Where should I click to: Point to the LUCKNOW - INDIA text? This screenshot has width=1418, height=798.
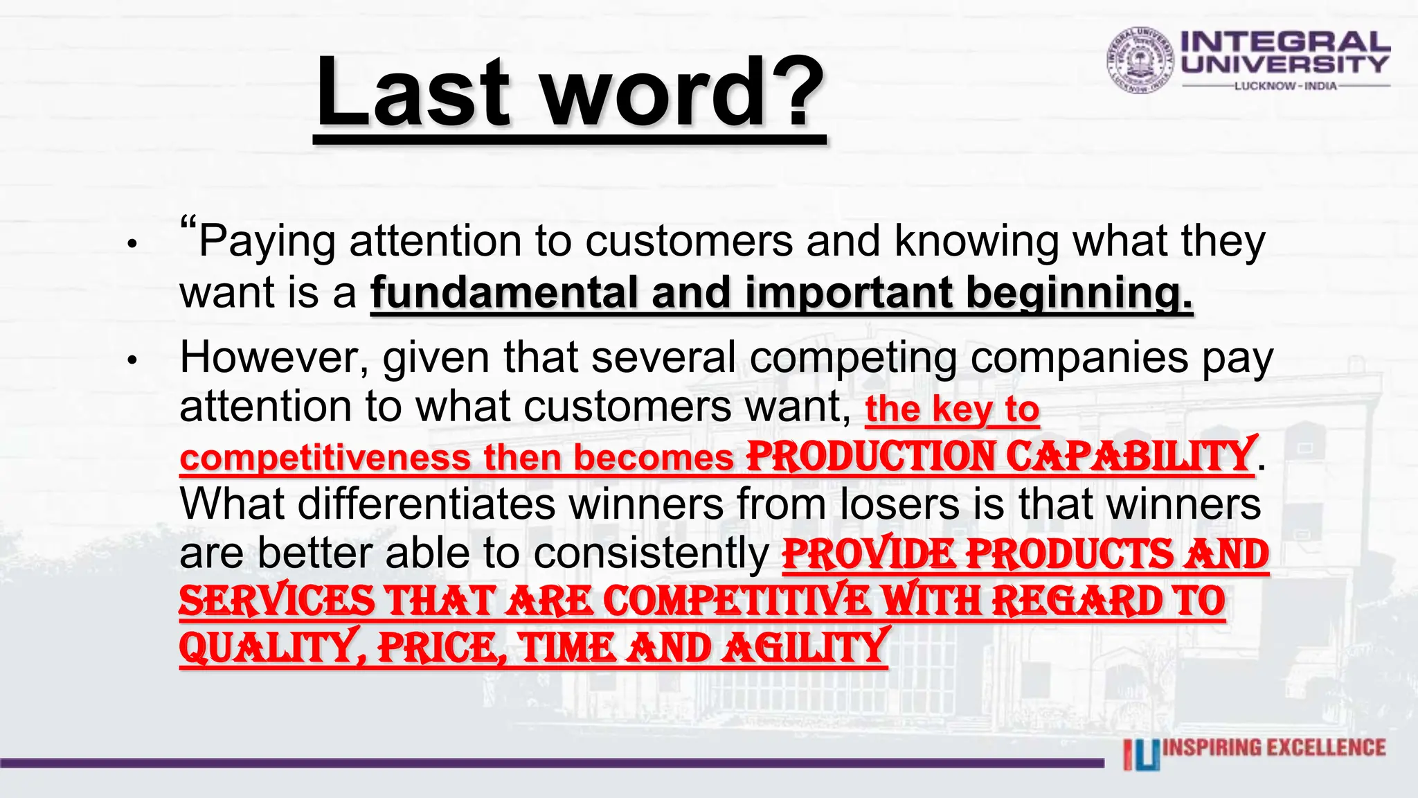pos(1286,86)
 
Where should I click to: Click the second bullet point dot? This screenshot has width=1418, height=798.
pos(132,360)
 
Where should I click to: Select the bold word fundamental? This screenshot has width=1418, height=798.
pos(504,292)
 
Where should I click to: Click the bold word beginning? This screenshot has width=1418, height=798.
pos(1079,294)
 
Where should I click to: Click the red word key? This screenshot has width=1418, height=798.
pos(962,409)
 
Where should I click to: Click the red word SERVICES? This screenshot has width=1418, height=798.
pos(277,601)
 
